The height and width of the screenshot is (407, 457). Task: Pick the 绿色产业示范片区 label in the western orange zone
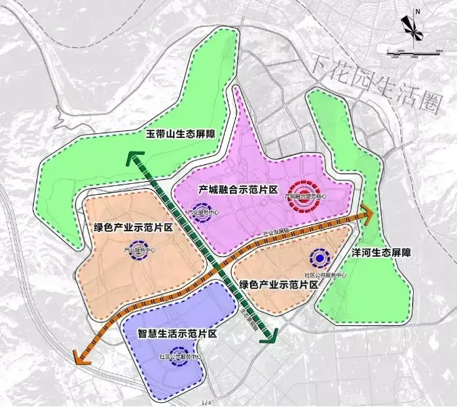(130, 227)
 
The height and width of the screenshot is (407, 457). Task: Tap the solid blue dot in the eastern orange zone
(319, 257)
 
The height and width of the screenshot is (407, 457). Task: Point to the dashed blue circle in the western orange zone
(139, 249)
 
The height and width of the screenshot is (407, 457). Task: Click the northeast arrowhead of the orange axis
(367, 213)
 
